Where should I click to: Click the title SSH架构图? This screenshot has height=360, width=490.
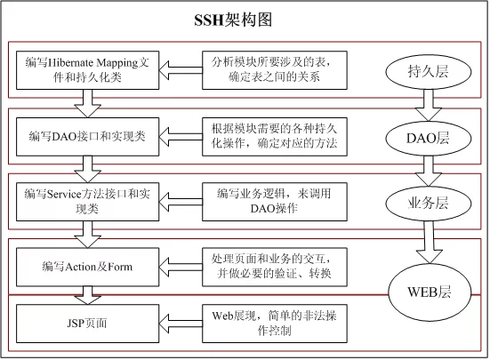pyautogui.click(x=233, y=20)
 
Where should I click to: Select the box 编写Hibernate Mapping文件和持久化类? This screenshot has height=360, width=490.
pyautogui.click(x=87, y=70)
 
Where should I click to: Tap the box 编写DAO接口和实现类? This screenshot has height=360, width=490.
pyautogui.click(x=87, y=137)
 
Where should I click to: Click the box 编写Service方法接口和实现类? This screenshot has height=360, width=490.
pyautogui.click(x=87, y=202)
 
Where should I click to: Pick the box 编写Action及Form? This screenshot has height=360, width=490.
pyautogui.click(x=87, y=267)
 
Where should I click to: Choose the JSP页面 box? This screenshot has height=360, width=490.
pyautogui.click(x=87, y=324)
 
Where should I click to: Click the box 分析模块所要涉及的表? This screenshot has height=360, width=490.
pyautogui.click(x=275, y=70)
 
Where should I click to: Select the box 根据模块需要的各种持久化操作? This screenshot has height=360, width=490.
pyautogui.click(x=275, y=137)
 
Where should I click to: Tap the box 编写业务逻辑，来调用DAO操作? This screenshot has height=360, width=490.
pyautogui.click(x=275, y=202)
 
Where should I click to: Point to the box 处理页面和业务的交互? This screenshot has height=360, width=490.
pyautogui.click(x=275, y=267)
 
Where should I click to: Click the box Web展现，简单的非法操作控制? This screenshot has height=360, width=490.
pyautogui.click(x=275, y=324)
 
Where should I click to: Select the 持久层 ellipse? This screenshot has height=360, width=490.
pyautogui.click(x=429, y=72)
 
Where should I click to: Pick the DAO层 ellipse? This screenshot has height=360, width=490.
pyautogui.click(x=429, y=139)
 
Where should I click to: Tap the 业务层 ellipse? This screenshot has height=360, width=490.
pyautogui.click(x=429, y=204)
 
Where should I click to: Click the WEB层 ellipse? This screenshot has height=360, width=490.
pyautogui.click(x=430, y=292)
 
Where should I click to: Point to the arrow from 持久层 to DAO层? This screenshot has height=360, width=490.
pyautogui.click(x=429, y=105)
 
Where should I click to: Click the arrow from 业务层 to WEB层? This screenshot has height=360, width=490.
pyautogui.click(x=430, y=242)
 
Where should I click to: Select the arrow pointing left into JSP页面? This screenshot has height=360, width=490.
pyautogui.click(x=181, y=324)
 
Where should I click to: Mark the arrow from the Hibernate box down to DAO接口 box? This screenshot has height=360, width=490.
pyautogui.click(x=87, y=104)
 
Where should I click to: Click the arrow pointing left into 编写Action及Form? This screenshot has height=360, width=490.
pyautogui.click(x=181, y=267)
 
